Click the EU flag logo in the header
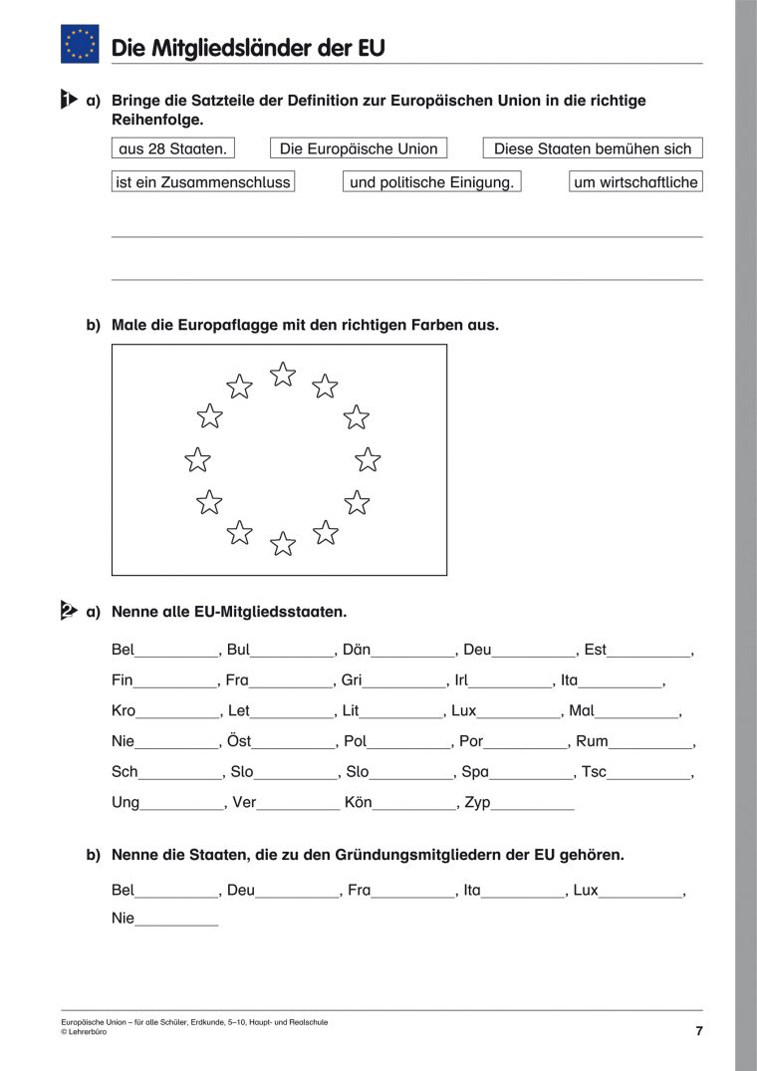tap(80, 44)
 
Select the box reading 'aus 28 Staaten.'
tap(173, 148)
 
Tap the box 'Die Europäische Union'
tap(359, 148)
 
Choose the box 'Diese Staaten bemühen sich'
tap(593, 148)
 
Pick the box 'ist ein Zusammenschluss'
tap(203, 182)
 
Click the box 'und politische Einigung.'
tap(432, 182)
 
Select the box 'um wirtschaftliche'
tap(636, 182)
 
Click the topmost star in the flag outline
tap(284, 375)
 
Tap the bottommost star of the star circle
tap(284, 544)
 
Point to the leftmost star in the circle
tap(198, 459)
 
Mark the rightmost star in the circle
tap(369, 459)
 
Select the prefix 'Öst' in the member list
tap(239, 741)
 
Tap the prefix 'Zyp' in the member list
tap(478, 802)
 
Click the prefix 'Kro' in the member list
tap(123, 711)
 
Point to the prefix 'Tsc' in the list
tap(595, 772)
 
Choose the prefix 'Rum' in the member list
tap(592, 741)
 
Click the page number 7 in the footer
tap(699, 1031)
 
